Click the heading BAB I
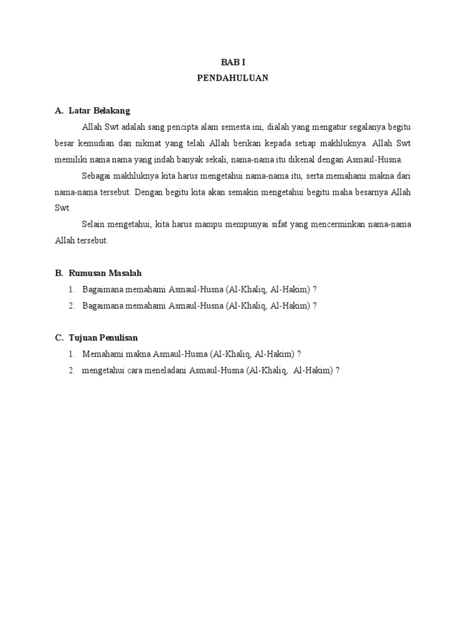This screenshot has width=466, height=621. pos(232,62)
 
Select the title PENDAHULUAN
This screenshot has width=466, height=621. pos(232,78)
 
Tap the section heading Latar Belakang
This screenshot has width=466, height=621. pos(100,111)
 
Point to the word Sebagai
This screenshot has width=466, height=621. pos(96,176)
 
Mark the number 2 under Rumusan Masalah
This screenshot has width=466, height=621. pos(71,306)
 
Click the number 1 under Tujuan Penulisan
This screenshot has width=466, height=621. pos(71,354)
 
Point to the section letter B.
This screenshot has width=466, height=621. pos(58,274)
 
